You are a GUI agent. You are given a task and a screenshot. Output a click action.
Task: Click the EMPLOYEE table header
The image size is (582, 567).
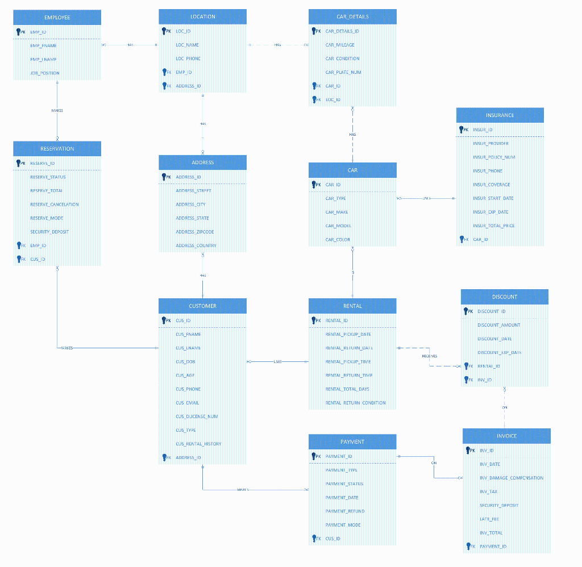click(57, 18)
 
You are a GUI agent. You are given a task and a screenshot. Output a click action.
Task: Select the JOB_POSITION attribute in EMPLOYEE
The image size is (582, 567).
click(45, 73)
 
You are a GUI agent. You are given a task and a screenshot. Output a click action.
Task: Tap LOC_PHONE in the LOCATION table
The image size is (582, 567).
click(188, 59)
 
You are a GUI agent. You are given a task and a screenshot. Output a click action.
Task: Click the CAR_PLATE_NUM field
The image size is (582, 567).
click(343, 72)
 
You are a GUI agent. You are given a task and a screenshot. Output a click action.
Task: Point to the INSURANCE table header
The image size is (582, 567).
click(500, 115)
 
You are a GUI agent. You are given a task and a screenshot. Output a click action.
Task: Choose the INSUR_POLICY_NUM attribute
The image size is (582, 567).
click(494, 157)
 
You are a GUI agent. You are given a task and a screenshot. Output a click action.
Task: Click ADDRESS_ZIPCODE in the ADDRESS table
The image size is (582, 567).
click(195, 232)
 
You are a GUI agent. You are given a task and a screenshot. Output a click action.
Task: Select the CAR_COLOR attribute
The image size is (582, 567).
click(338, 240)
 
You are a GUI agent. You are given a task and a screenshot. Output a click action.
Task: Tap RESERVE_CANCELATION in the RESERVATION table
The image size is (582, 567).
click(55, 205)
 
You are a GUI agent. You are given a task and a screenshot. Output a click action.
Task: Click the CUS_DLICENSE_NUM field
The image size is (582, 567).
click(197, 416)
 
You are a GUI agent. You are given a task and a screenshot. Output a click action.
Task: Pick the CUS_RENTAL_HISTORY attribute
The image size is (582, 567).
click(198, 444)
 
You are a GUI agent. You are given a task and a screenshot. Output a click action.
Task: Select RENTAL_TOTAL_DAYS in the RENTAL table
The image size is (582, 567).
click(347, 389)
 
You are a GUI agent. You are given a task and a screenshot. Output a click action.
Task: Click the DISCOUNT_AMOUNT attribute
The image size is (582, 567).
click(498, 325)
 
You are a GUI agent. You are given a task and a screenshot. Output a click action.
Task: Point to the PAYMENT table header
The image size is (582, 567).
click(352, 441)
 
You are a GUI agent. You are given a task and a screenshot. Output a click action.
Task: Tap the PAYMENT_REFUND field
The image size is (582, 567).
click(345, 511)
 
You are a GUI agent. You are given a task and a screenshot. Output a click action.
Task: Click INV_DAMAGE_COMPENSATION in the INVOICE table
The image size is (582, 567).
click(512, 478)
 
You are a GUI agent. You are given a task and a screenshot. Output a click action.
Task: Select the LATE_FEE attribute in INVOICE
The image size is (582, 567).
click(489, 519)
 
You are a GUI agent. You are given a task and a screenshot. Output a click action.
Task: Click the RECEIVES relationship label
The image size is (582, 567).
click(430, 356)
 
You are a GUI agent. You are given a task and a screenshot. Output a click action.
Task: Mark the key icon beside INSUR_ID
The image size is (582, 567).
click(462, 130)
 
